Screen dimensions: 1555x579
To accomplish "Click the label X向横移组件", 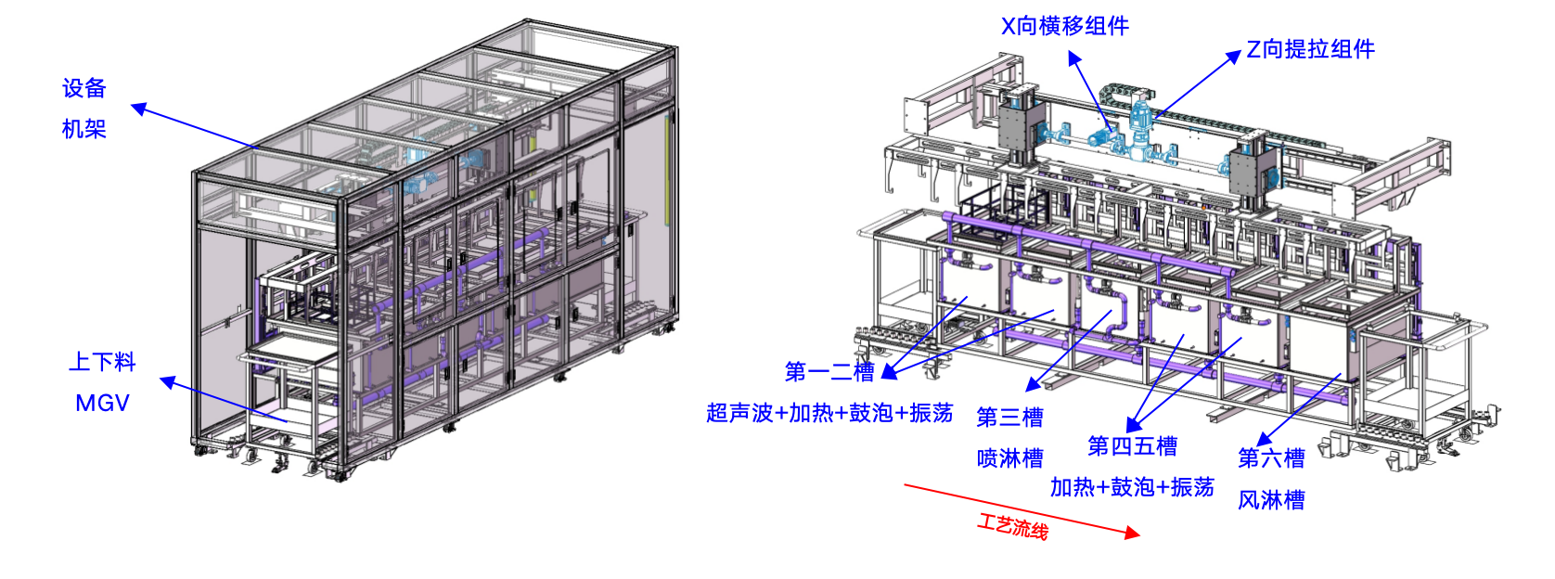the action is [x=1065, y=26].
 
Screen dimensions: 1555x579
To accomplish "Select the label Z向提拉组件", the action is [x=1311, y=49].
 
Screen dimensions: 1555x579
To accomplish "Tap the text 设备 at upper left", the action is [x=84, y=88].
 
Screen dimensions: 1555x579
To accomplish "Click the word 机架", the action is [x=84, y=129].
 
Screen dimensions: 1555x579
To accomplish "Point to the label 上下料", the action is [x=102, y=362].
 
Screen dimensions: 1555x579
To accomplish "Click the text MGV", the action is [x=102, y=404].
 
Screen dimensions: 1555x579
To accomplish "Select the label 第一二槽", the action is [x=829, y=372].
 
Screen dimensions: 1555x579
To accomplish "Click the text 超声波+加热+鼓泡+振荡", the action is [x=829, y=413].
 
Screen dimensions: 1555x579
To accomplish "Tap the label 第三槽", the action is [x=1010, y=418].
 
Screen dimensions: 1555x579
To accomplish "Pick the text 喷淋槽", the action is [x=1010, y=458].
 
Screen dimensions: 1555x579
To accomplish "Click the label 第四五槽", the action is [x=1132, y=446].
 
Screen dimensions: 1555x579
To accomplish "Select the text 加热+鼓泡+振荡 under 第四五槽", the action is [x=1132, y=487].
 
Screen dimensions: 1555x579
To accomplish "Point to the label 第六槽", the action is [x=1272, y=458].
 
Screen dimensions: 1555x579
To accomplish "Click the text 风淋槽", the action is [x=1272, y=500].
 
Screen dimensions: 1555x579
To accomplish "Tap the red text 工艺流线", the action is [x=1013, y=527].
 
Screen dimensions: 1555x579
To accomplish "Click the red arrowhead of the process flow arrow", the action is [x=1133, y=533].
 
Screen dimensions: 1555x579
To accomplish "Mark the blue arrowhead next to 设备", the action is [x=139, y=109].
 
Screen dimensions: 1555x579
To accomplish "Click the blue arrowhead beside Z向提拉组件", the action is [x=1234, y=57].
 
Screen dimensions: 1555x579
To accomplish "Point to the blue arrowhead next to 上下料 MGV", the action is [x=168, y=382].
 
